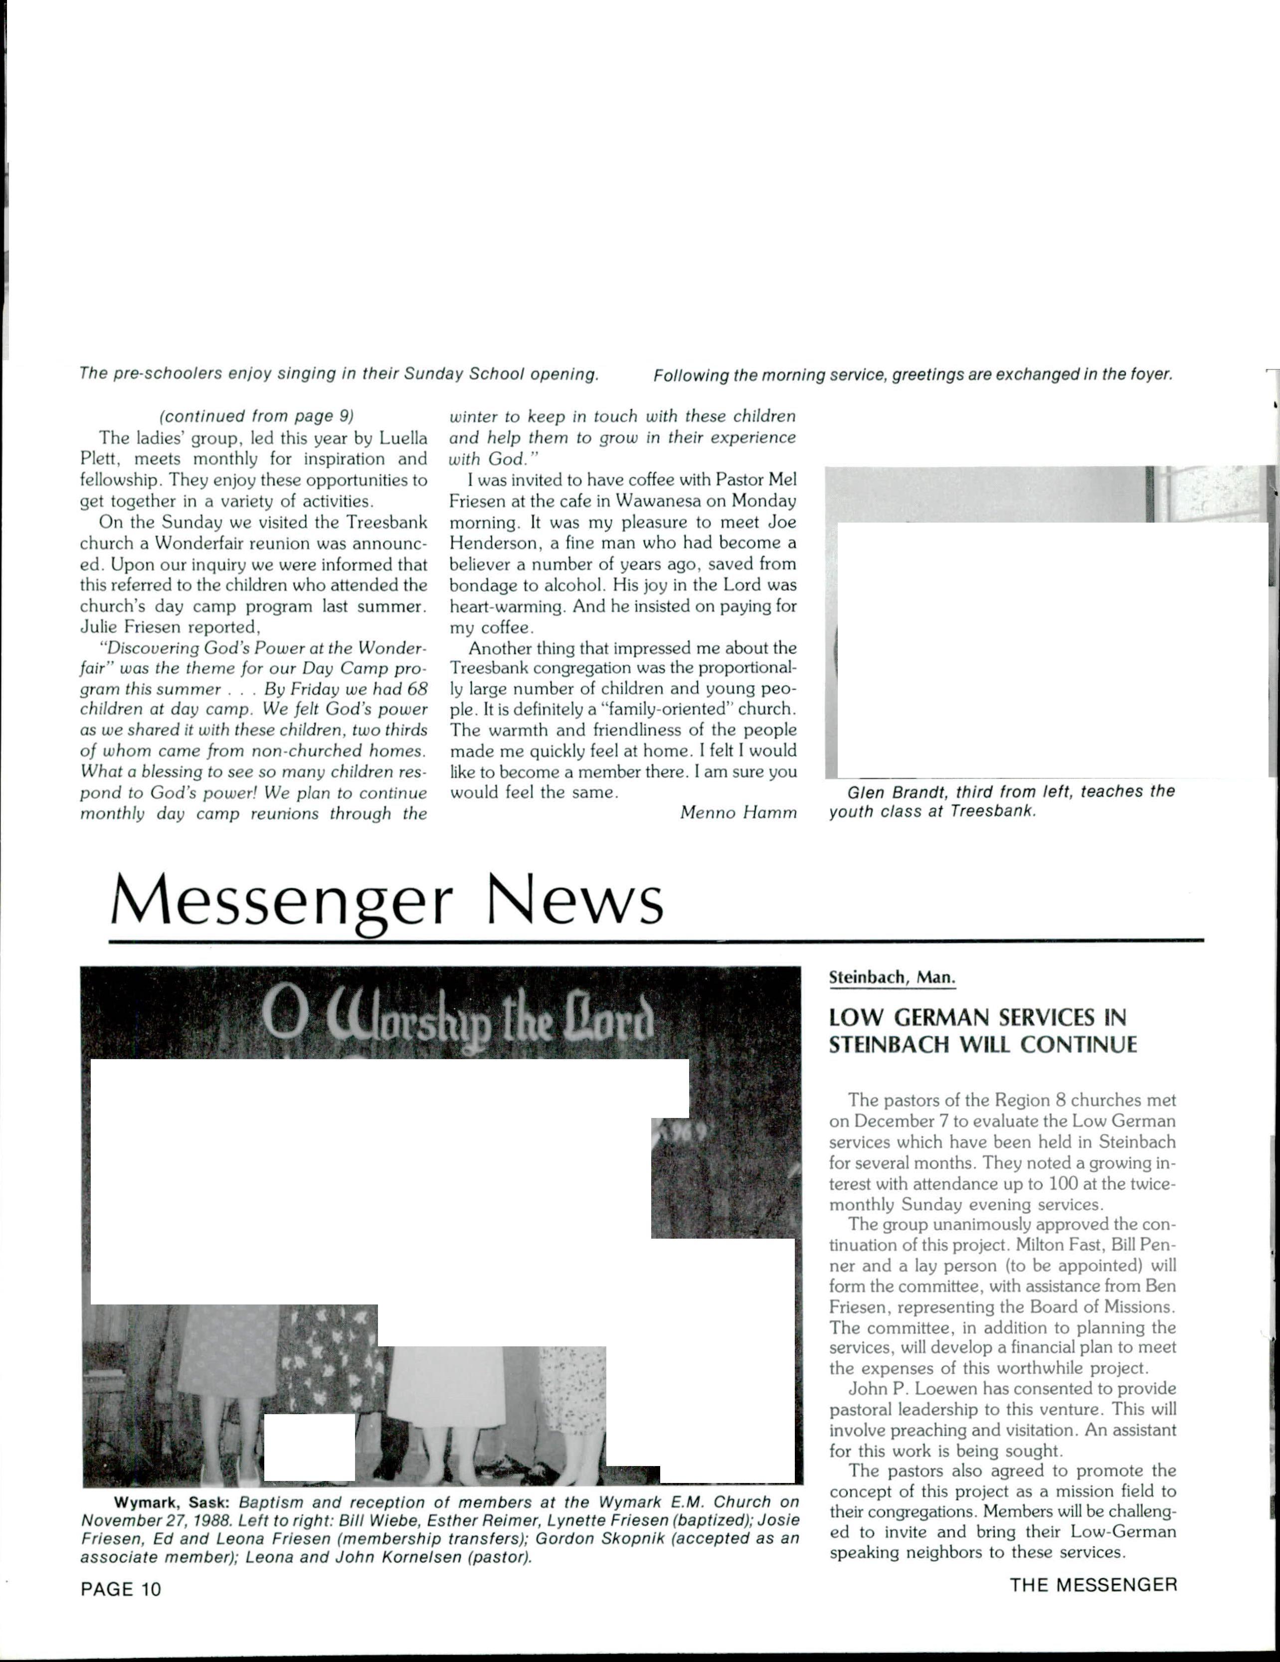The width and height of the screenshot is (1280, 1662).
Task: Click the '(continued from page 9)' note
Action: tap(256, 416)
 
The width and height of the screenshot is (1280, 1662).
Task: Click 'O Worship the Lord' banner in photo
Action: tap(457, 1011)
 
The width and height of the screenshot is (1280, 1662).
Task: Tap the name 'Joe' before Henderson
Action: tap(781, 523)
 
